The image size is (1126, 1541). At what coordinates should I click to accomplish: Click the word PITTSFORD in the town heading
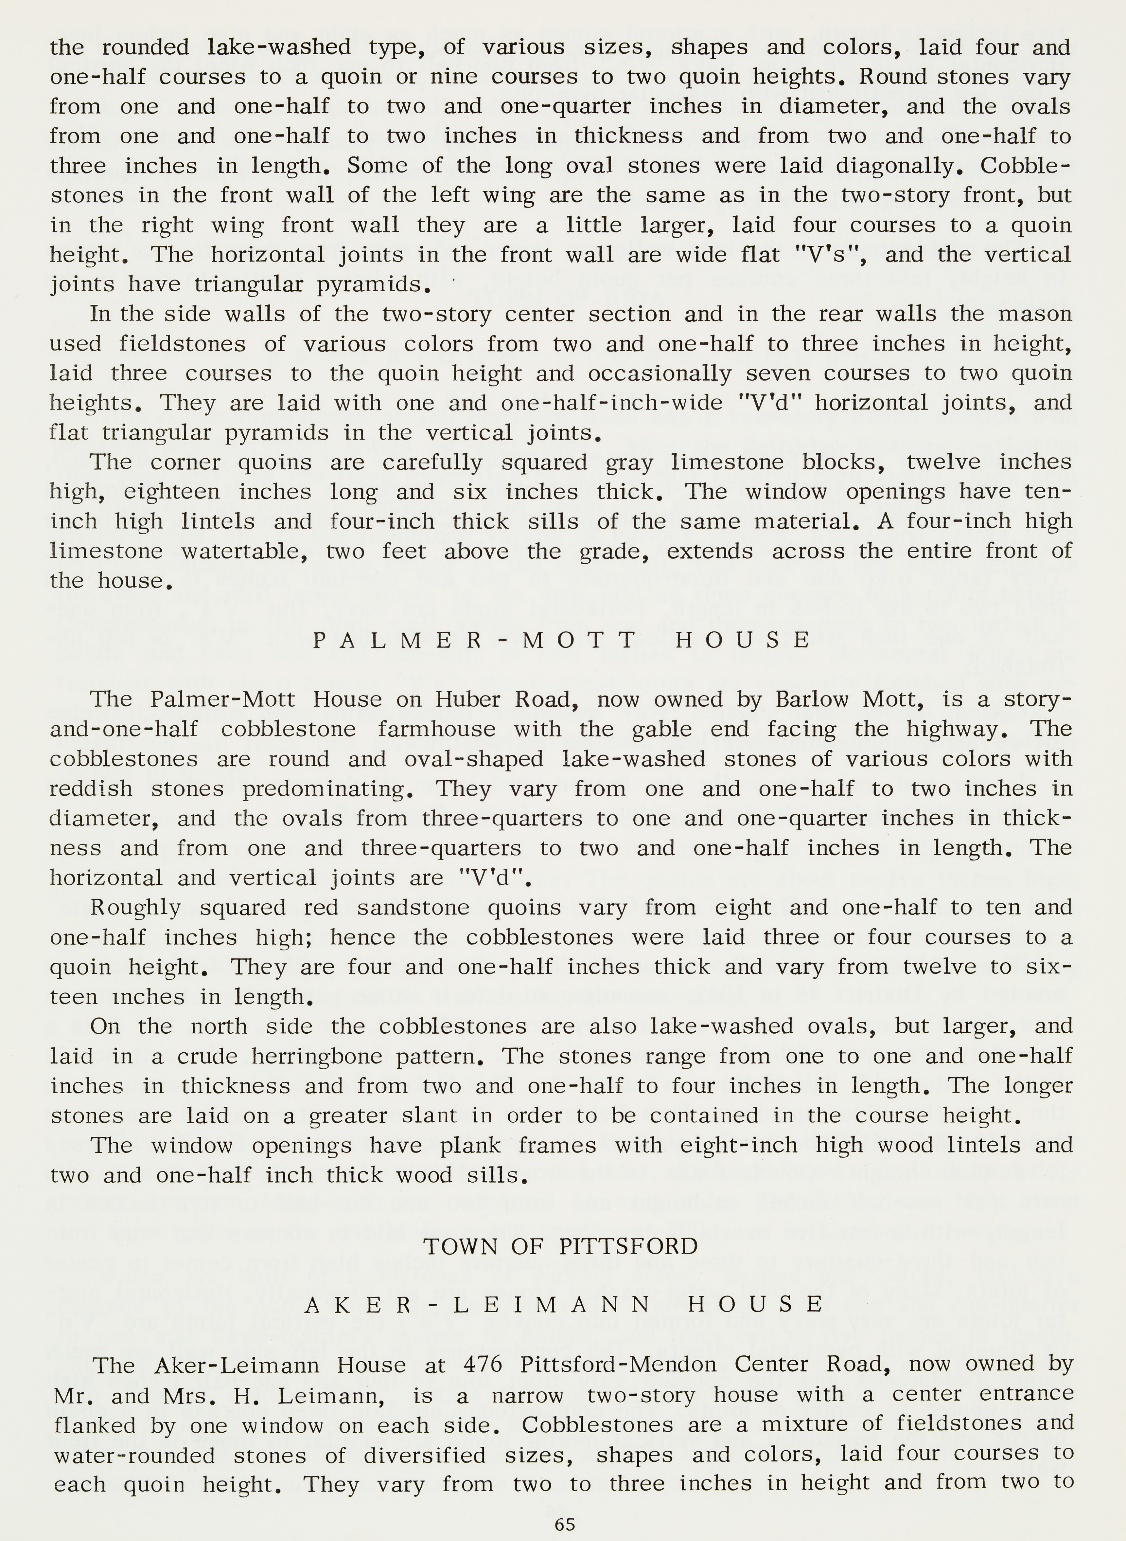pyautogui.click(x=628, y=1246)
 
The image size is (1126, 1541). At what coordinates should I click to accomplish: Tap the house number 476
pyautogui.click(x=483, y=1364)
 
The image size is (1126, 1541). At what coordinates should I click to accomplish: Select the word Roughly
pyautogui.click(x=136, y=908)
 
